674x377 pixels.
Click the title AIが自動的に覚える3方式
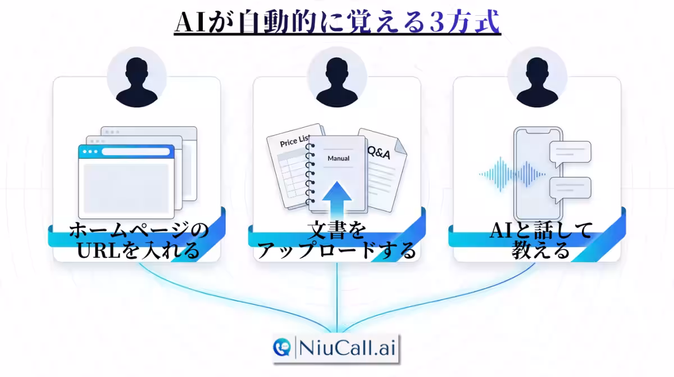pos(338,22)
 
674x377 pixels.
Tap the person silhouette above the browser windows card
pos(136,82)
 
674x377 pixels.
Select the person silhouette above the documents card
pos(336,82)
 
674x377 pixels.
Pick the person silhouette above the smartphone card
pos(537,82)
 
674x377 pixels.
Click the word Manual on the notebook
pos(339,158)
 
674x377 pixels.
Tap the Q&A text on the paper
pos(379,152)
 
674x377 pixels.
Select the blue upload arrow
pos(336,200)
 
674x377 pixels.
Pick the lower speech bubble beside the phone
pos(570,189)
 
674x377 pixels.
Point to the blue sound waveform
pos(512,174)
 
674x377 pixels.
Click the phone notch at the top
pos(538,132)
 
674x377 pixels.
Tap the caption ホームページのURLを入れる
pos(138,240)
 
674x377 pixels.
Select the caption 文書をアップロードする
pos(336,240)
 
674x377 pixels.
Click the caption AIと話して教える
pos(541,240)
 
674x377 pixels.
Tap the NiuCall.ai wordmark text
pos(347,348)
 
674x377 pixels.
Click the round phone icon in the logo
pos(282,347)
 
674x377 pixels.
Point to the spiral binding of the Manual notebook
pos(310,173)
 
